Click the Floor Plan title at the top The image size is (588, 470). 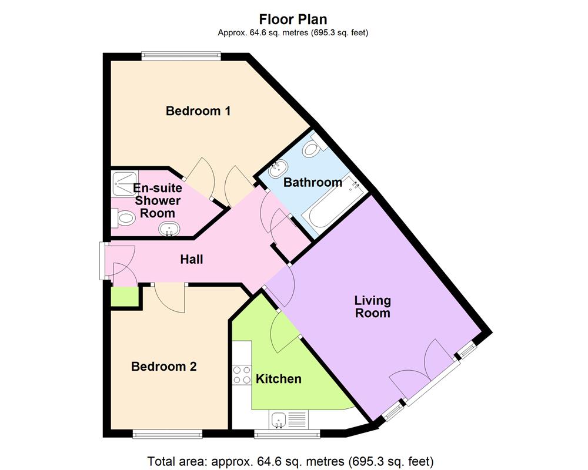[x=293, y=19]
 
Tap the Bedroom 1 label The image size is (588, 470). [x=198, y=110]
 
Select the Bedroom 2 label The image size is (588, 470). [x=163, y=367]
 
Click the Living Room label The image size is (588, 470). [x=372, y=307]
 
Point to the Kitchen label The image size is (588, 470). [x=278, y=379]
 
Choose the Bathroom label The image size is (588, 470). [x=312, y=182]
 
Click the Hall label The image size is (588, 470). [x=191, y=258]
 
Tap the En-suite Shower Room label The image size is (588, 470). [x=157, y=200]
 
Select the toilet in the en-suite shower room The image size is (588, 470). [x=123, y=218]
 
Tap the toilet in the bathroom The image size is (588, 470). [x=313, y=147]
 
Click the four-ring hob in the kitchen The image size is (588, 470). [x=242, y=374]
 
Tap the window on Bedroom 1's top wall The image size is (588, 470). [x=181, y=56]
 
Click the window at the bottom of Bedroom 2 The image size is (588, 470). [x=168, y=434]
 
